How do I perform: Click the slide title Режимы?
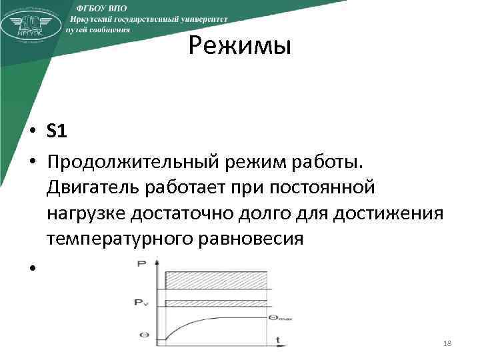(239, 47)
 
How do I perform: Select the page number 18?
(447, 342)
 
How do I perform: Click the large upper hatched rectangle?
(217, 279)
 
